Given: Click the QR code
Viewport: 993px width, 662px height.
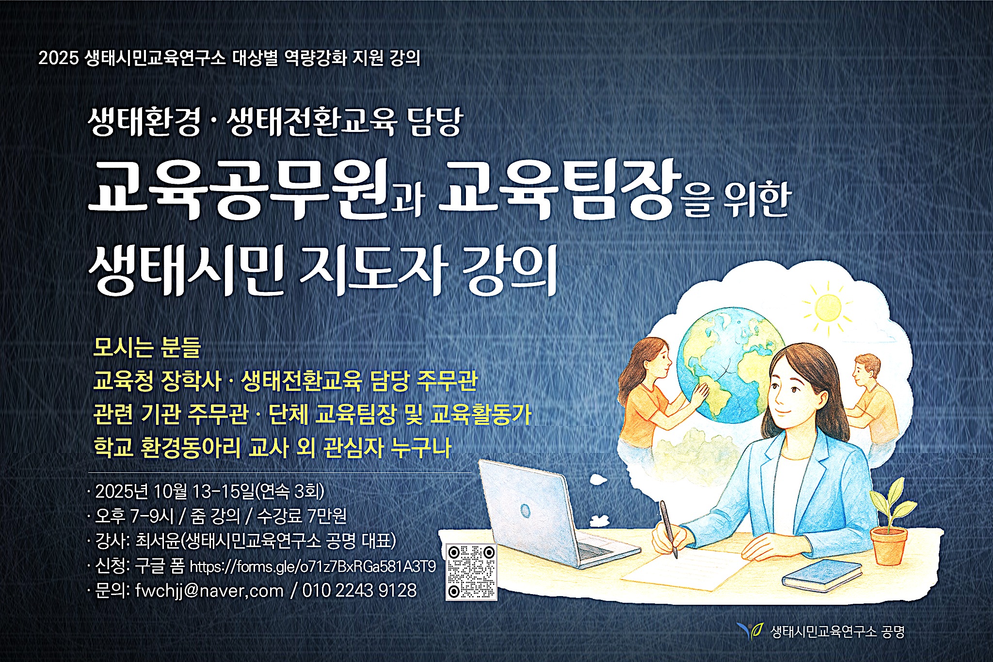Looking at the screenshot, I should tap(471, 572).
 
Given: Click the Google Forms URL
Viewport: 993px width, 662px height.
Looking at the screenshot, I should tap(313, 566).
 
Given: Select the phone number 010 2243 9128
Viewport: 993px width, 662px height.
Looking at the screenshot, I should tap(359, 591).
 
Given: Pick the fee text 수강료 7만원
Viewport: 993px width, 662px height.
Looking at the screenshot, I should tap(302, 516).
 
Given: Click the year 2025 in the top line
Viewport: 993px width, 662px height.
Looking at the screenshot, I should tap(58, 58).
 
